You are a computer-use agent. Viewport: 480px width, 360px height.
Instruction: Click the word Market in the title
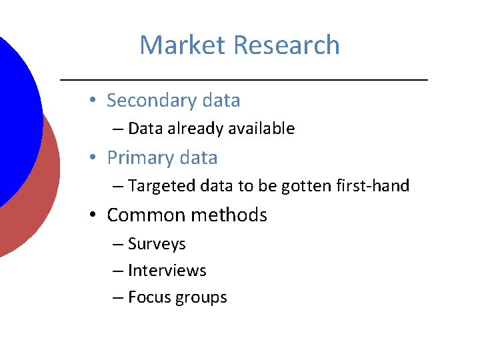[x=183, y=45]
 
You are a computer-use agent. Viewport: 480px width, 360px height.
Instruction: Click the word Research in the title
[x=287, y=45]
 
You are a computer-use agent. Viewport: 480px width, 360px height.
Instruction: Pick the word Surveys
[x=157, y=245]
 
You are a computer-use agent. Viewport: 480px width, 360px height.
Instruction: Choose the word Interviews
[x=167, y=271]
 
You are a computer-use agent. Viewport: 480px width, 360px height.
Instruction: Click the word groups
[x=201, y=298]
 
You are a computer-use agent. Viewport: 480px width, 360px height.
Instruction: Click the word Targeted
[x=158, y=186]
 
